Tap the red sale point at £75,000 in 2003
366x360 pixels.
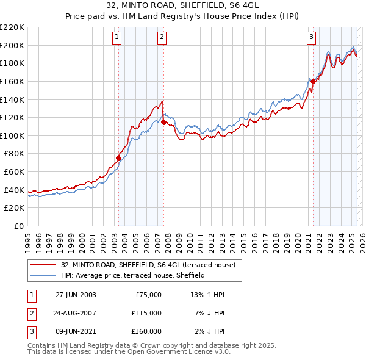[x=118, y=158]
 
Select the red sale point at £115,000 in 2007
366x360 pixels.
[x=163, y=122]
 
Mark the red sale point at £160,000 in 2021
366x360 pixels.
[x=313, y=81]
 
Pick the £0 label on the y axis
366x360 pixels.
[x=18, y=226]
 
